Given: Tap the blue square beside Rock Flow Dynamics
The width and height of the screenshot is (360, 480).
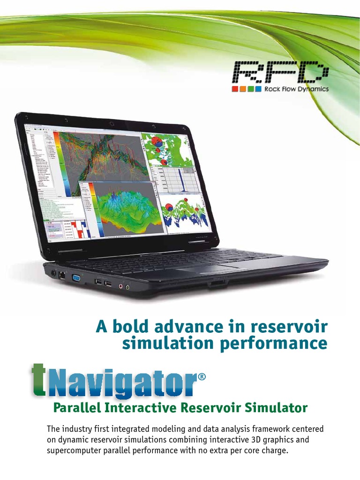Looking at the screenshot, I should [258, 89].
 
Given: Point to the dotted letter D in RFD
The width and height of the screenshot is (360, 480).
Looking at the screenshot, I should [311, 73].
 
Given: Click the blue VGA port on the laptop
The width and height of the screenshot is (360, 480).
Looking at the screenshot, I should [75, 278].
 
